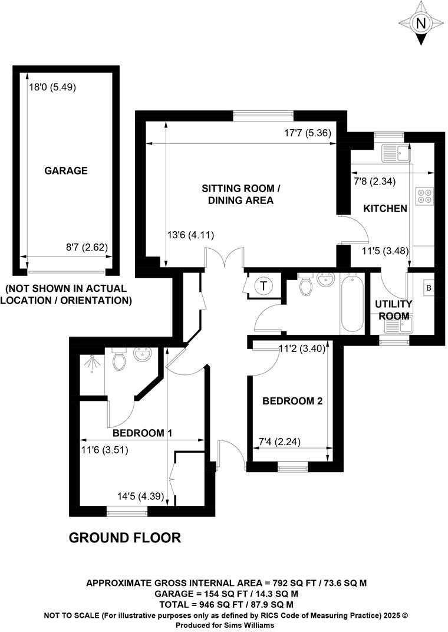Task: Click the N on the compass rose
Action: (420, 24)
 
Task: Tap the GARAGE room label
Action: (66, 171)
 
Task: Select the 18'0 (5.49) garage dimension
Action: (53, 87)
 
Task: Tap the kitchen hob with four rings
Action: (424, 196)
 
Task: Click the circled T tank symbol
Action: (263, 287)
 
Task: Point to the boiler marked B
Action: (429, 288)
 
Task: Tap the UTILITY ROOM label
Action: (394, 310)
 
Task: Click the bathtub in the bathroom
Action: (354, 307)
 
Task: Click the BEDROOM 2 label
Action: (292, 401)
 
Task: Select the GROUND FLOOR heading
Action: (125, 538)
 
